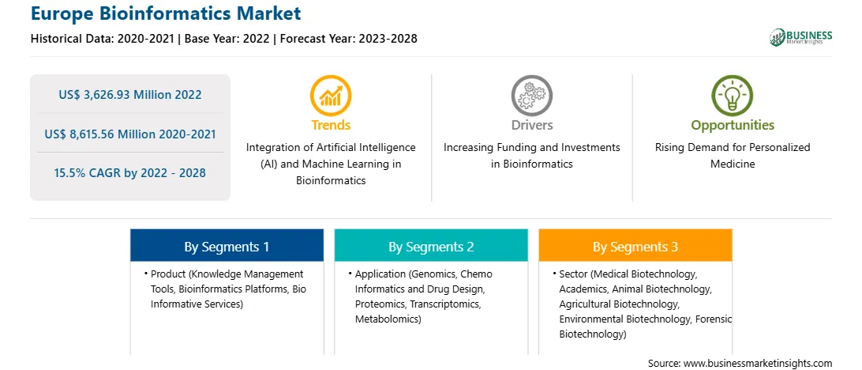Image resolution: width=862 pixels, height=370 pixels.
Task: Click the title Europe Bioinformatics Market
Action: click(x=166, y=13)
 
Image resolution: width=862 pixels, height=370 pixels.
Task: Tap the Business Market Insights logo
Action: click(x=801, y=37)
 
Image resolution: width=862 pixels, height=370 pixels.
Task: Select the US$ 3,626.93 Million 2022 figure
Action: click(x=130, y=95)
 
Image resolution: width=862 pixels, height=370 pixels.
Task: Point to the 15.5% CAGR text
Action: click(x=88, y=173)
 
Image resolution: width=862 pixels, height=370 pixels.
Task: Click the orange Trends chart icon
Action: click(x=331, y=96)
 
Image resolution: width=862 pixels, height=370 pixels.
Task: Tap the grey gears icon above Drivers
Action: click(x=531, y=96)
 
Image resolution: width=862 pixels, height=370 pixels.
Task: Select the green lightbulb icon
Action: click(x=733, y=96)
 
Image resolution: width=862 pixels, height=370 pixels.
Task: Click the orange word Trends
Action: click(x=331, y=125)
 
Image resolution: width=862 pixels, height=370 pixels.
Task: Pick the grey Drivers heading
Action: click(x=532, y=125)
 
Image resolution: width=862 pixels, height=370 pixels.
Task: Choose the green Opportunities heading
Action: click(x=733, y=126)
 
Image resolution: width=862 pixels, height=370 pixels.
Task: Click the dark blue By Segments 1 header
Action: click(x=227, y=246)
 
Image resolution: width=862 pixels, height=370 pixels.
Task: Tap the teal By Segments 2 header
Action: click(x=431, y=246)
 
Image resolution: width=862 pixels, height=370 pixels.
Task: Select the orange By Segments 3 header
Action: click(x=635, y=246)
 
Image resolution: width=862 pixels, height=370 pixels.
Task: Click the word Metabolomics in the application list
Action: click(x=387, y=319)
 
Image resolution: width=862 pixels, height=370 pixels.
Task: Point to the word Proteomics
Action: click(x=380, y=304)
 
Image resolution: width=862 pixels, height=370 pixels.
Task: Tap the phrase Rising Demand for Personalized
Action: click(x=733, y=148)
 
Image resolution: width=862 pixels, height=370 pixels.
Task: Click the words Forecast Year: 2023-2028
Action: click(x=349, y=39)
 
